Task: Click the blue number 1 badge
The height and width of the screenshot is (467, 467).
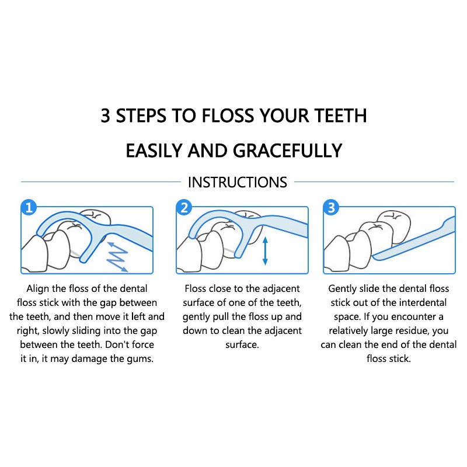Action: [x=29, y=207]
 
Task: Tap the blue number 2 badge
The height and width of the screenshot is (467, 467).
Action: [x=184, y=207]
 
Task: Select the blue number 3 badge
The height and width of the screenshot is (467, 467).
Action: [x=331, y=207]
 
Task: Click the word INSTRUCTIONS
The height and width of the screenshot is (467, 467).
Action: [x=238, y=182]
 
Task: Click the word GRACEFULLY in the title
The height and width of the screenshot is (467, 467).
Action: [x=287, y=151]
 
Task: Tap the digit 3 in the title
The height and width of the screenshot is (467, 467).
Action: [x=106, y=116]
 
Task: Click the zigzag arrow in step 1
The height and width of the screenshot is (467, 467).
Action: [x=118, y=257]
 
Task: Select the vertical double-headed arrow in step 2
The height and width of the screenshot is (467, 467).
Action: [x=265, y=251]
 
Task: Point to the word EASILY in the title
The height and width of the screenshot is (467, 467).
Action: [x=154, y=151]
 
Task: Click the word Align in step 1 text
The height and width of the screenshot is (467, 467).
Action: [x=38, y=289]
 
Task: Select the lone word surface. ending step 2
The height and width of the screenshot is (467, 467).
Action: [x=242, y=345]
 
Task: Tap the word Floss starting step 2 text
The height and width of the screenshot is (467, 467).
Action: [x=195, y=288]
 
